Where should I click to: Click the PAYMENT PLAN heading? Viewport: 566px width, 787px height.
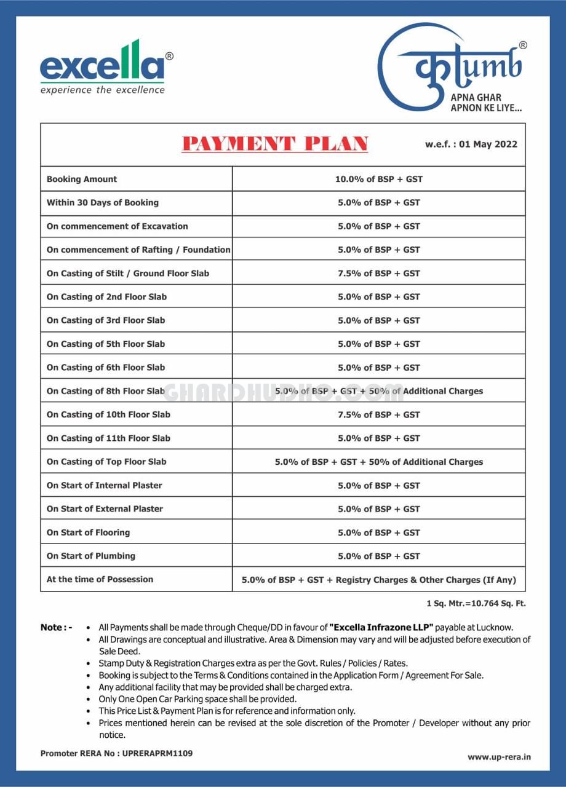[x=275, y=144]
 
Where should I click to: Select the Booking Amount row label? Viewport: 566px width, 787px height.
[x=82, y=180]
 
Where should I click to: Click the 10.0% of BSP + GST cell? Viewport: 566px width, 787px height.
[x=378, y=180]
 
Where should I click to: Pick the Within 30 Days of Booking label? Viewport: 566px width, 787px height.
[x=103, y=203]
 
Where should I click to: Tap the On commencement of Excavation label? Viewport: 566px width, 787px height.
[x=118, y=226]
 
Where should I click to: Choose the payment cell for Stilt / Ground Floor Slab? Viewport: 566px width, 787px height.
[x=378, y=274]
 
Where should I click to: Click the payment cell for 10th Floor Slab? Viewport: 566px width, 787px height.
[x=378, y=415]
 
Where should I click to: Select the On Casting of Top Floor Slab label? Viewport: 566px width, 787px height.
[x=106, y=462]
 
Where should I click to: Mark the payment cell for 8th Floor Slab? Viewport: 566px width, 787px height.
[x=378, y=391]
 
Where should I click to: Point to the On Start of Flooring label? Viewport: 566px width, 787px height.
[x=89, y=532]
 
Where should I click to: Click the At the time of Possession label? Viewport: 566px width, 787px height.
[x=100, y=579]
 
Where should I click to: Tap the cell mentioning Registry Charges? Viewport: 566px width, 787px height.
[x=378, y=580]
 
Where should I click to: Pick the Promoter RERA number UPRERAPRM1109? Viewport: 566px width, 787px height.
[x=157, y=753]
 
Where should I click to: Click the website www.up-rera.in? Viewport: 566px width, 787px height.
[x=498, y=757]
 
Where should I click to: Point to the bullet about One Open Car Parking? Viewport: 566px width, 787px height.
[x=197, y=699]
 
